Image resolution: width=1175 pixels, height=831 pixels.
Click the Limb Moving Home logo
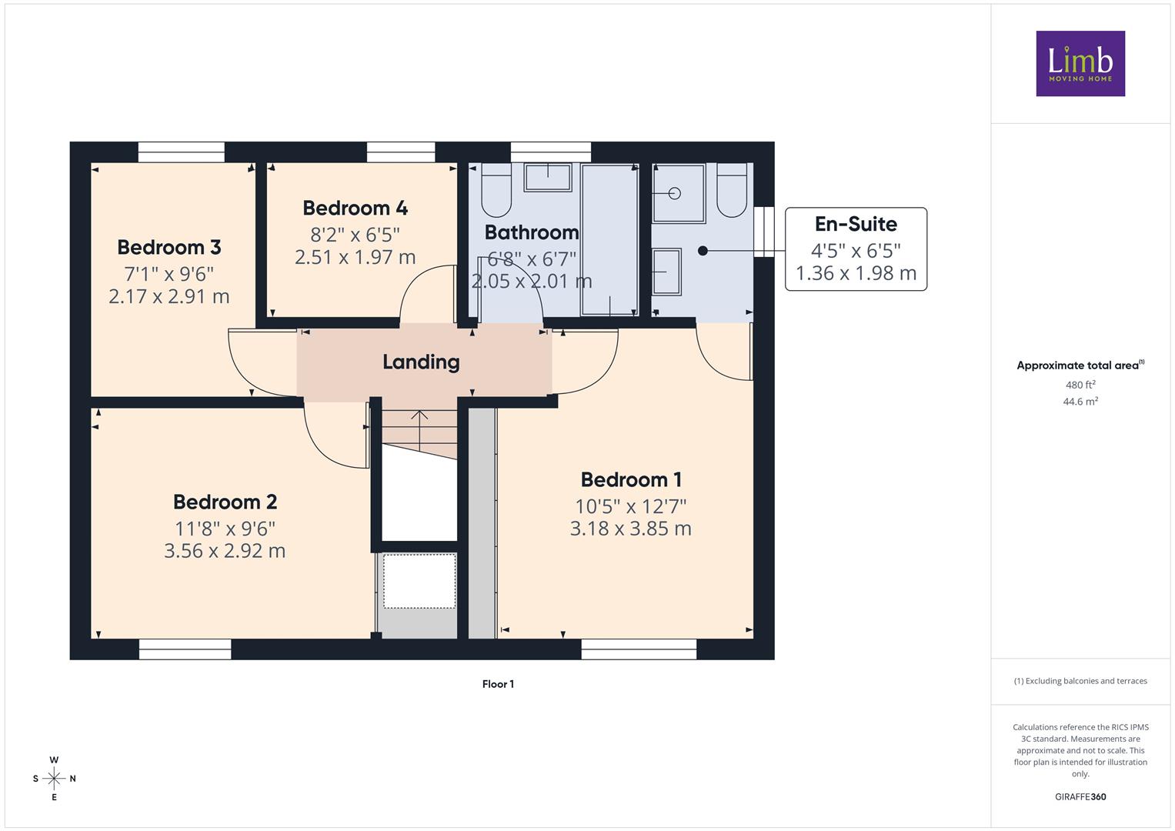tap(1080, 63)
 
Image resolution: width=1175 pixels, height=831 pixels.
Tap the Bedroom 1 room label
tap(631, 479)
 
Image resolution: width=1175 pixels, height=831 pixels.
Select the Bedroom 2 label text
tap(225, 502)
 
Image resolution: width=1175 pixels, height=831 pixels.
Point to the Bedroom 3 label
tap(169, 247)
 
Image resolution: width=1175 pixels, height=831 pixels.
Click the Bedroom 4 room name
tap(356, 208)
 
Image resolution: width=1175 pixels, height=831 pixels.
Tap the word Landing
tap(421, 362)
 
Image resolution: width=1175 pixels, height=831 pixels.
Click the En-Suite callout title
tap(856, 224)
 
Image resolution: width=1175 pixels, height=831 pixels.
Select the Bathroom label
tap(532, 232)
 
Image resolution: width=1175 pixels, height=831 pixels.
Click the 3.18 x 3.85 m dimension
tap(631, 529)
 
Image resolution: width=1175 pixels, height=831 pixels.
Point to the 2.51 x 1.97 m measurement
tap(356, 257)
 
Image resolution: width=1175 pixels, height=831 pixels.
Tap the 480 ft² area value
tap(1080, 385)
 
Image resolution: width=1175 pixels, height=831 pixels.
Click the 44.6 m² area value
tap(1080, 402)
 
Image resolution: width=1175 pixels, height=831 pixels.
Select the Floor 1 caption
tap(499, 684)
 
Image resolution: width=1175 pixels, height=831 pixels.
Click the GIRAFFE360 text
tap(1080, 797)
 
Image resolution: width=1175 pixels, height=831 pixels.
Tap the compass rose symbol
tap(54, 779)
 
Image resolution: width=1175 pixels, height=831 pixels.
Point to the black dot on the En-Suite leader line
tap(703, 251)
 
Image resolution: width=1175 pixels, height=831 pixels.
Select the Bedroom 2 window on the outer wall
tap(185, 649)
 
